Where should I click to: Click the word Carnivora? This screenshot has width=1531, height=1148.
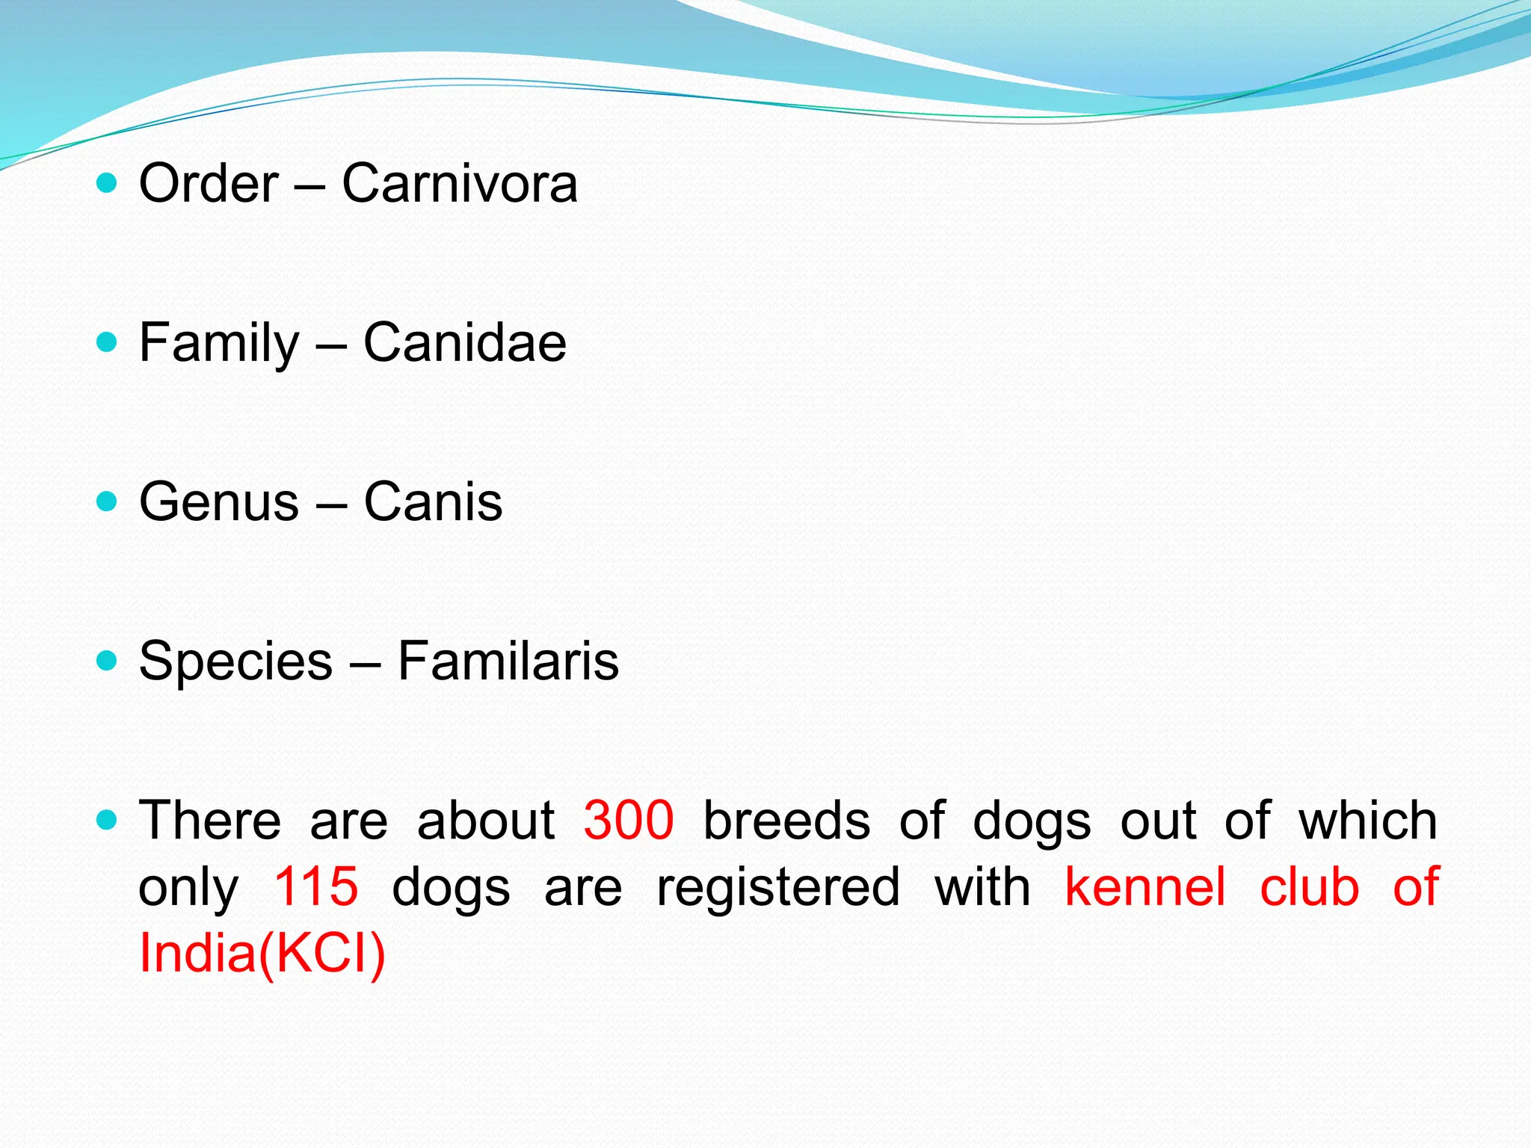[x=459, y=183]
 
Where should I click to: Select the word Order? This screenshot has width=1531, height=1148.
[x=209, y=183]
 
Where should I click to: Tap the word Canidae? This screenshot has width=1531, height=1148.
[x=464, y=342]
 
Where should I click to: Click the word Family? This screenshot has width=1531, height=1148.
[x=219, y=344]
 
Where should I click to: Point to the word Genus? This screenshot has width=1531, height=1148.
[x=219, y=502]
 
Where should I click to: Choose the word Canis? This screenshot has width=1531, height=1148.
[x=433, y=502]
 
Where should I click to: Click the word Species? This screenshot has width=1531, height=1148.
[x=235, y=662]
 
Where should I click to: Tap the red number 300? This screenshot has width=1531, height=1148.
[x=629, y=820]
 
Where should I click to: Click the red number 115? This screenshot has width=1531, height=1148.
[x=315, y=886]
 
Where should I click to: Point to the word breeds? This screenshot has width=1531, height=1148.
[x=786, y=820]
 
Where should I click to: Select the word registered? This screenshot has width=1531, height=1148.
[x=778, y=888]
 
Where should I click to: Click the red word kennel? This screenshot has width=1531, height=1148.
[x=1145, y=886]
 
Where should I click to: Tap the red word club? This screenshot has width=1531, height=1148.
[x=1309, y=886]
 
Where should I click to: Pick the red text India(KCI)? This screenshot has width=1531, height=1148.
[x=262, y=953]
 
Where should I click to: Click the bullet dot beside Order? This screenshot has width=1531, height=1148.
[x=108, y=183]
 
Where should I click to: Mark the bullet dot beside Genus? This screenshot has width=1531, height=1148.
[x=108, y=501]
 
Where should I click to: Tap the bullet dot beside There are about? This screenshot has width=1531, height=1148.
[x=108, y=820]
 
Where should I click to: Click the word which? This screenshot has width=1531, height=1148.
[x=1367, y=820]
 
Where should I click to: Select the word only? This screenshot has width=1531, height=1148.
[x=188, y=888]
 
